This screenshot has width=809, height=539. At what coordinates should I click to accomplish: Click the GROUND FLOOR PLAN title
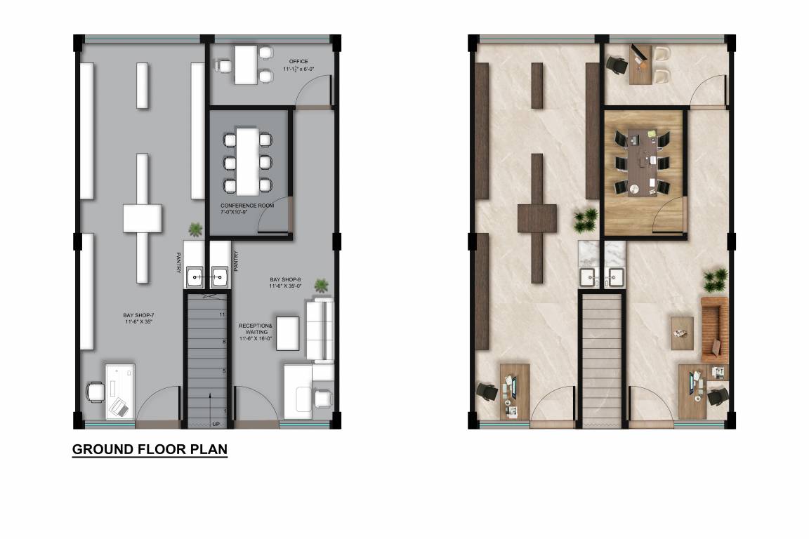150,449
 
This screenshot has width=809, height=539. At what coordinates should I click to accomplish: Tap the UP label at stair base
216,423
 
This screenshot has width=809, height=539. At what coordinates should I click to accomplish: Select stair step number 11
222,314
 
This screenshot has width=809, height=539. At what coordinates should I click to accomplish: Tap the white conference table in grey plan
247,162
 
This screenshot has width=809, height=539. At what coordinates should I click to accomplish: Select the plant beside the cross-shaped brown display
586,220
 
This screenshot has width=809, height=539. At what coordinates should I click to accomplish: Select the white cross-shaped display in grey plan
143,218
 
